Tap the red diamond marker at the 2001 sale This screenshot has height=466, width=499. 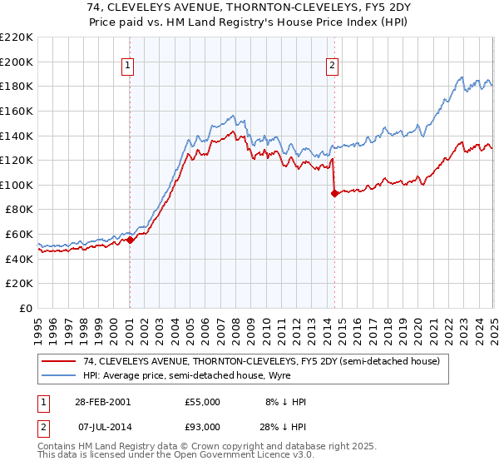tap(130, 240)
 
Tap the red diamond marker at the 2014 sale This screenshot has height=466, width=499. tap(334, 193)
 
